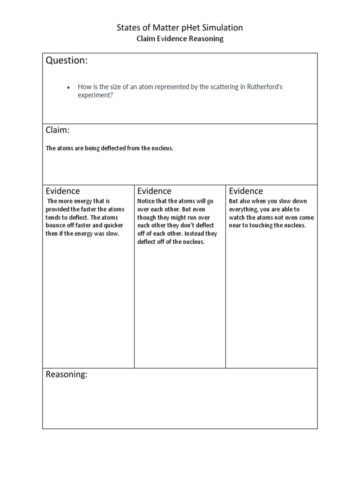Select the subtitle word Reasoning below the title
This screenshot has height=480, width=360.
206,39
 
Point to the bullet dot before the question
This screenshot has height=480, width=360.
68,87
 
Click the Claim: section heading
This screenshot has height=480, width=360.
58,130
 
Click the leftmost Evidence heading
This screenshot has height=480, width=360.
62,191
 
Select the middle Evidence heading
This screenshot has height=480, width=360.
154,191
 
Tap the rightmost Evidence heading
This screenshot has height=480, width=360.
246,191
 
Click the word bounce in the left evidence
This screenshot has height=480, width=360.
55,226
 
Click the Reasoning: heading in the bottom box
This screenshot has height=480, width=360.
67,375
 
